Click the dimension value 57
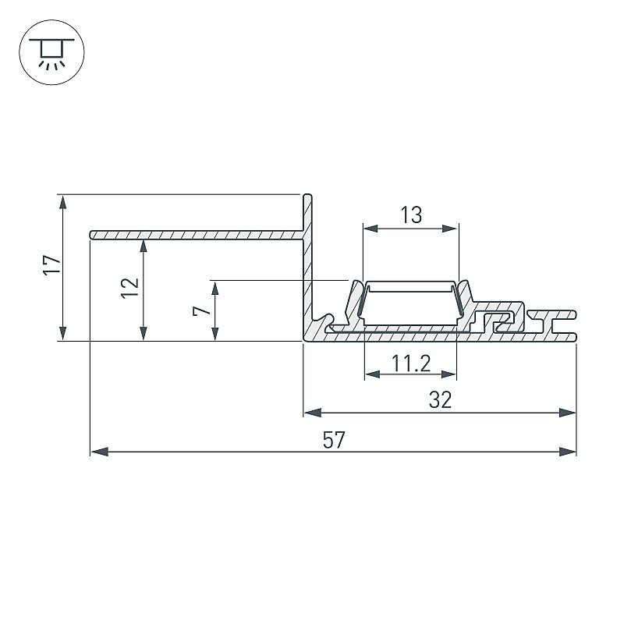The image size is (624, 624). [334, 440]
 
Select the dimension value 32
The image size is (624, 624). [440, 400]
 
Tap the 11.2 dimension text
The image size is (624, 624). [411, 363]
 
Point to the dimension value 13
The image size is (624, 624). [411, 215]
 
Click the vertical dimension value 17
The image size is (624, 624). [52, 264]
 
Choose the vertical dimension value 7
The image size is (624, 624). [202, 306]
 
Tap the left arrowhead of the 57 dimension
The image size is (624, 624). [100, 452]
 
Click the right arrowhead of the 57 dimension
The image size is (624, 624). [568, 452]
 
